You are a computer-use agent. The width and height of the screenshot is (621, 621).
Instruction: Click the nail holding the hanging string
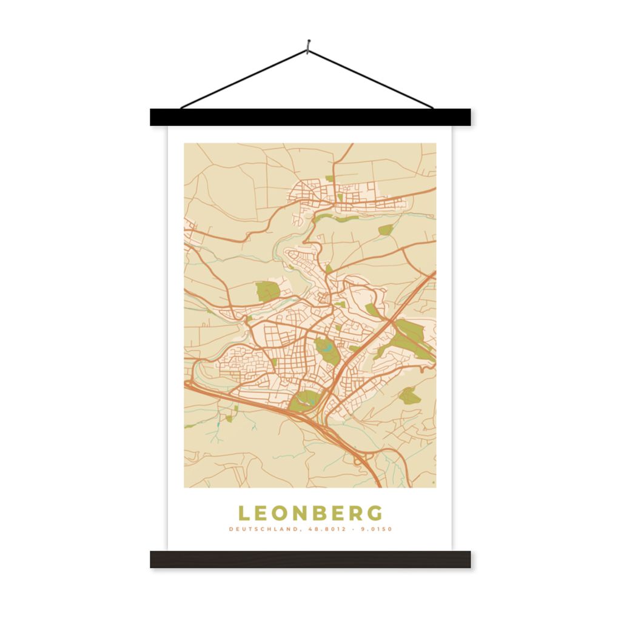(309, 44)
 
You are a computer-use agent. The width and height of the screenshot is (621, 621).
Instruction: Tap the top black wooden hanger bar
(310, 117)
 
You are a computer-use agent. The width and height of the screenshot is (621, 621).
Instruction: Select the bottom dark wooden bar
(310, 559)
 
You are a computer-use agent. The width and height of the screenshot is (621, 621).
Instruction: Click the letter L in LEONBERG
(244, 513)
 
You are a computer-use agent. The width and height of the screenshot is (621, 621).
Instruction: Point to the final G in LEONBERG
(375, 513)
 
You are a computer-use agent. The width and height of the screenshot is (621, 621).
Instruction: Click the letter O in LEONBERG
(283, 513)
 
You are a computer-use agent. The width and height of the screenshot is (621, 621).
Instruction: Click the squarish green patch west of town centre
(267, 291)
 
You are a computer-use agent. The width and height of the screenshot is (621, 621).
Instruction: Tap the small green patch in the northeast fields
(386, 230)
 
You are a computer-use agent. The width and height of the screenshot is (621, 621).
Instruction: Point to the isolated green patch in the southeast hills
(409, 395)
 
